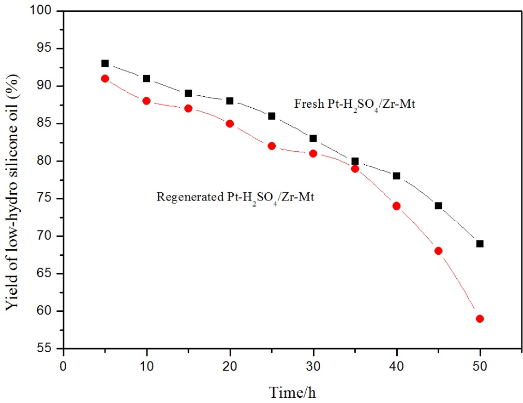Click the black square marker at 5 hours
click(105, 63)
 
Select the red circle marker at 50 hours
click(480, 319)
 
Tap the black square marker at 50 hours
click(480, 243)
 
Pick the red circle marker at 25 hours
click(272, 146)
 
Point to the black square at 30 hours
click(313, 138)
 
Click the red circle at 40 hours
click(396, 206)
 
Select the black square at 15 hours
click(188, 93)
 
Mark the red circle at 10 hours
click(146, 101)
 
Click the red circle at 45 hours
click(438, 251)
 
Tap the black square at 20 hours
click(230, 101)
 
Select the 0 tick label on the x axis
click(63, 365)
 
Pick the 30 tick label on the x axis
click(313, 365)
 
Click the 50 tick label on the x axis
click(480, 365)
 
